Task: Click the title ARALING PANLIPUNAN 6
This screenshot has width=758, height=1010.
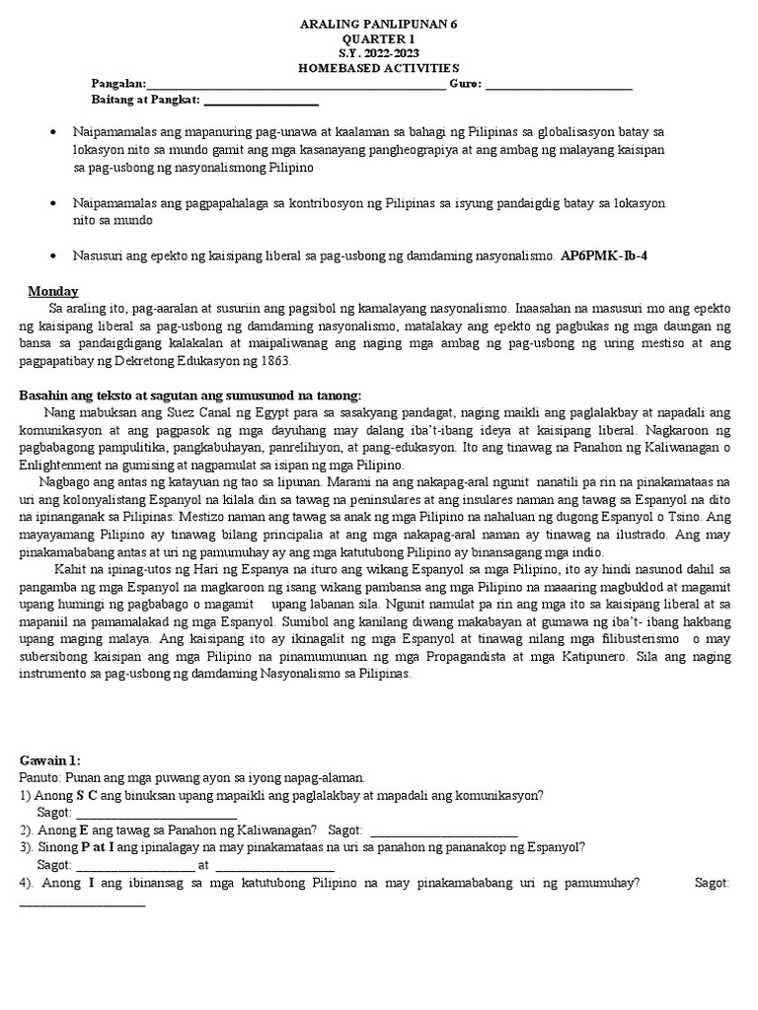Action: (x=379, y=22)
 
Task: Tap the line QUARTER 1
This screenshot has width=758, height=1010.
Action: (x=379, y=37)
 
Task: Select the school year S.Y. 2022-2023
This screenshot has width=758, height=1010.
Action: (x=379, y=52)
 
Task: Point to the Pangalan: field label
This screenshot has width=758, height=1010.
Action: (x=117, y=84)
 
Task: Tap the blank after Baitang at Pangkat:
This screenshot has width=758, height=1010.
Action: (x=261, y=100)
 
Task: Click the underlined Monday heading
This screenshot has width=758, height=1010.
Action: (x=53, y=291)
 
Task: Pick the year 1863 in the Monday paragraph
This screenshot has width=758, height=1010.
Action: (x=275, y=360)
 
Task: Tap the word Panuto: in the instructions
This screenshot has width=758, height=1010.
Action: (x=39, y=778)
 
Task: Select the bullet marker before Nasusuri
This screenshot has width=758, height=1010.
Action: (x=51, y=254)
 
